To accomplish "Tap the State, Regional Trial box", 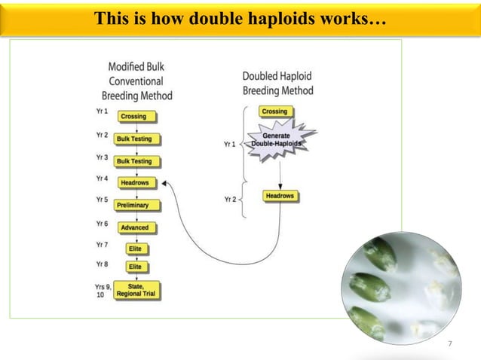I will click(x=136, y=290).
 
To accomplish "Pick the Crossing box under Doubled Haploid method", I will click(x=274, y=111).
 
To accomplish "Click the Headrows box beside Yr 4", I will click(x=138, y=182).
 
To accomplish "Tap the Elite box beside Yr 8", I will click(x=136, y=267).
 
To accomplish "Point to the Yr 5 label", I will click(x=102, y=200).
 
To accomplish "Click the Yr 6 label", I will click(x=102, y=224).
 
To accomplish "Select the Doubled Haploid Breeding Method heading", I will click(x=277, y=84).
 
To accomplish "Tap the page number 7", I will click(x=450, y=343).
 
